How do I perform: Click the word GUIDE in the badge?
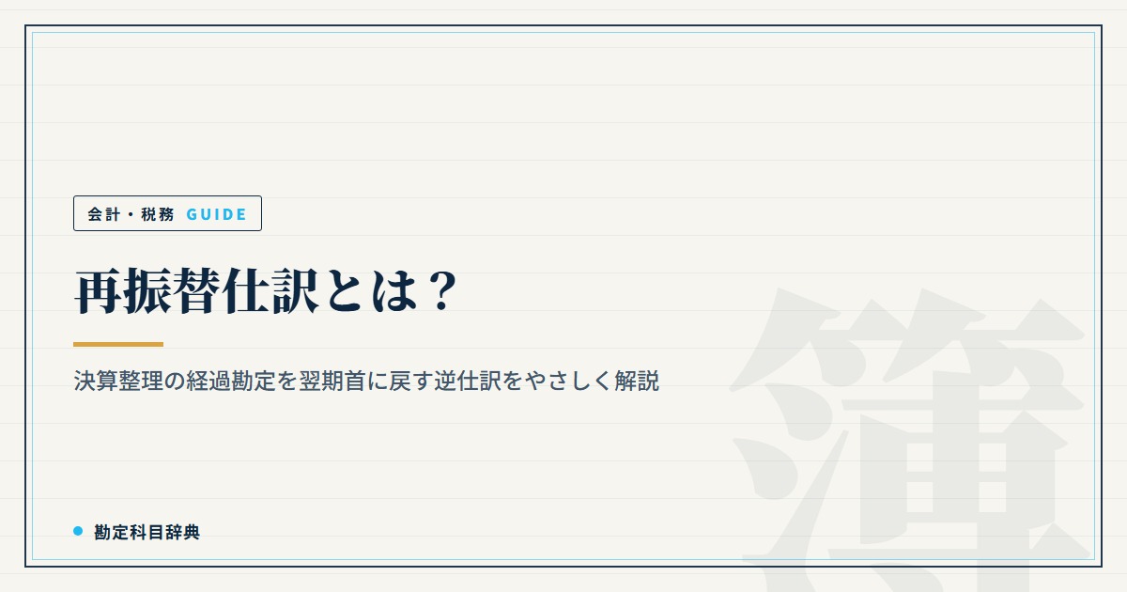216,214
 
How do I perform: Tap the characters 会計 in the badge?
104,214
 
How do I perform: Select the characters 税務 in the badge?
158,214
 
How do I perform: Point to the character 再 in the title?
99,291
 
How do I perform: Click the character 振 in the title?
147,291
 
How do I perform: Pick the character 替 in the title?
196,291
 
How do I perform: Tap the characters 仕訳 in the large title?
270,291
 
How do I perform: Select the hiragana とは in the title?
372,291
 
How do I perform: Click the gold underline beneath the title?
118,344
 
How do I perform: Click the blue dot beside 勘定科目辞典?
78,531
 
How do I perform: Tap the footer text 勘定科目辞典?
147,532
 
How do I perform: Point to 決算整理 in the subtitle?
118,381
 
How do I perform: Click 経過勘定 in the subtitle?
231,381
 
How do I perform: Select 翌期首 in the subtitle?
332,381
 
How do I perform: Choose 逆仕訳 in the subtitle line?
468,381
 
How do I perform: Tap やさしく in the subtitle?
568,381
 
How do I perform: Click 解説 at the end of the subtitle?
637,381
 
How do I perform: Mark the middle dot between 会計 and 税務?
131,215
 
